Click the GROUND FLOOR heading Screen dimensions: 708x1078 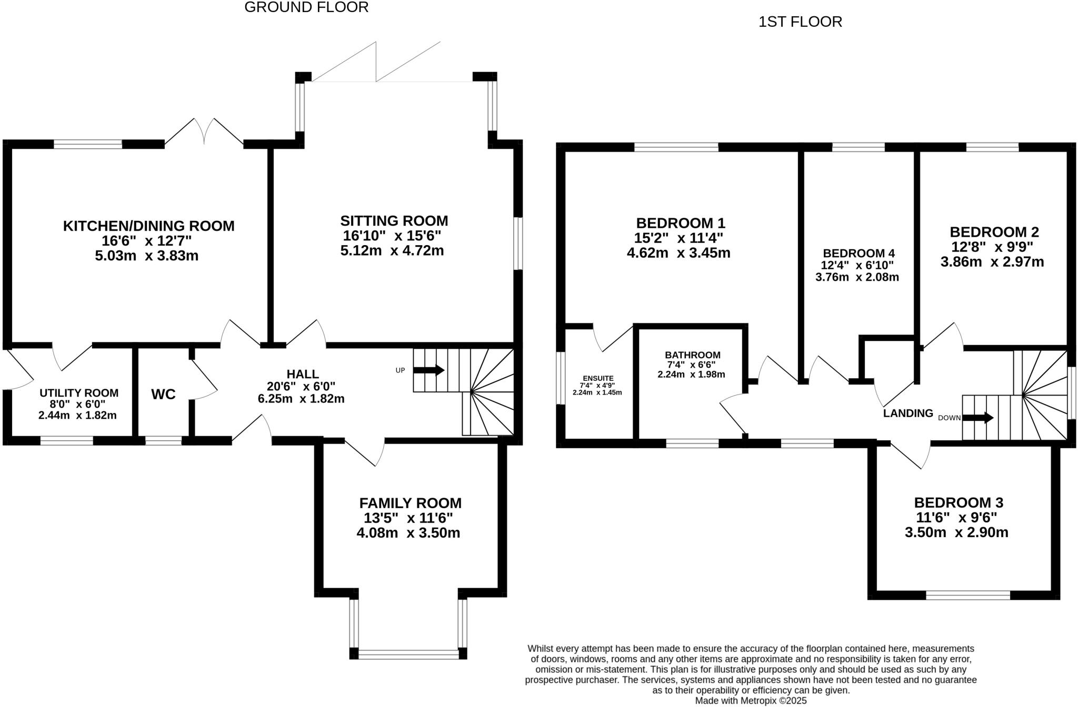[x=306, y=7]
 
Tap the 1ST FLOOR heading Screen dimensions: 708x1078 [x=800, y=22]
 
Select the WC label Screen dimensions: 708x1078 [x=163, y=395]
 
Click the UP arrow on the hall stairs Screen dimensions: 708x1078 [x=428, y=370]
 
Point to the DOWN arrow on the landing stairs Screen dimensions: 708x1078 [x=978, y=418]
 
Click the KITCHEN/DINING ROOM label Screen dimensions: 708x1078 [x=148, y=226]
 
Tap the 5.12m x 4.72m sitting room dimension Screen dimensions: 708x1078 [x=392, y=251]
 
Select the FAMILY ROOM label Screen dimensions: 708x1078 [x=410, y=503]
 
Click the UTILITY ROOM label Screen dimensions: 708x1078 [x=79, y=393]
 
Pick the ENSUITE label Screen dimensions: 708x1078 [x=598, y=378]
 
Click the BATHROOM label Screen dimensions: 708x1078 [x=692, y=355]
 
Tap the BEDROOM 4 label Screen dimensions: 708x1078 [x=859, y=254]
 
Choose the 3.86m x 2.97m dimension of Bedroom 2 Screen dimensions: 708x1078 [x=992, y=262]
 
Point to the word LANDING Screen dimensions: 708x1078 [x=908, y=413]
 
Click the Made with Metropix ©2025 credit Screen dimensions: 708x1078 [x=751, y=701]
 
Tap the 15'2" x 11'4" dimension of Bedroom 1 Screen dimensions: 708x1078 [x=679, y=238]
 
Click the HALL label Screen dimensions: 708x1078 [x=303, y=374]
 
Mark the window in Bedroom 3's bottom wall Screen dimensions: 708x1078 [x=968, y=595]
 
